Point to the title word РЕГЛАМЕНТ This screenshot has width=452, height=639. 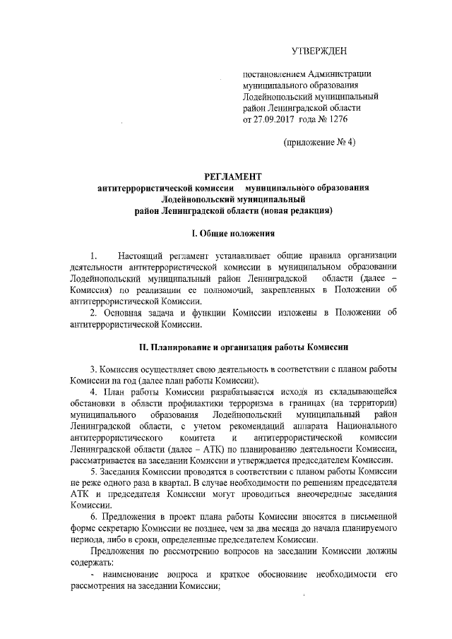[232, 177]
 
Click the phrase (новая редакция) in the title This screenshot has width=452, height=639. [297, 210]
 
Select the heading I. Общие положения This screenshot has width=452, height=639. [233, 233]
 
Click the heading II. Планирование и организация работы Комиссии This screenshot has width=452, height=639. [233, 347]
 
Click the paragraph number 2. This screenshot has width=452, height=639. [93, 312]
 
